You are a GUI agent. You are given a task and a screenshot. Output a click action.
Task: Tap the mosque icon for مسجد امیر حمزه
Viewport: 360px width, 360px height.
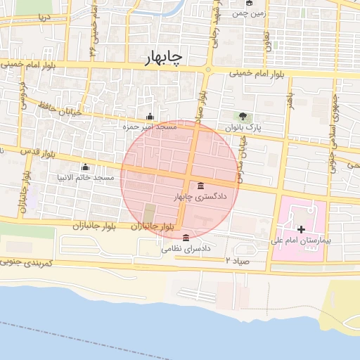coord(149,116)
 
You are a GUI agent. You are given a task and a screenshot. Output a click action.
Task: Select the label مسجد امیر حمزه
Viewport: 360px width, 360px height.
coord(149,127)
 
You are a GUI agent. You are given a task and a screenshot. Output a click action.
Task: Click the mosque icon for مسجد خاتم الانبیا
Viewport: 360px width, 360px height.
coord(85,167)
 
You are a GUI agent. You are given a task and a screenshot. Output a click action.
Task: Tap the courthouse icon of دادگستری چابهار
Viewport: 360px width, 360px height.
coord(202,186)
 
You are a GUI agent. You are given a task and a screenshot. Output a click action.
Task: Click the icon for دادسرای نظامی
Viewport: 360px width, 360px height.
coord(185,237)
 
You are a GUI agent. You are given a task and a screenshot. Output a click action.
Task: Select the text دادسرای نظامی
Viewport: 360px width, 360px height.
coord(186,248)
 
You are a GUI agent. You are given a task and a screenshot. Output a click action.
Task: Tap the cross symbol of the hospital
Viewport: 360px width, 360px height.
coord(302,229)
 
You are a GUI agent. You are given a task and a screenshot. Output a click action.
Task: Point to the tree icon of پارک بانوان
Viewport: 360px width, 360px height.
coord(243,116)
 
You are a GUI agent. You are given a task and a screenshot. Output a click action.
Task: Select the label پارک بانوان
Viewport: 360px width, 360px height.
coord(243,127)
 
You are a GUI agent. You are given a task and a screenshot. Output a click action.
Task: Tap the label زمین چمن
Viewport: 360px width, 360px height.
coord(250,13)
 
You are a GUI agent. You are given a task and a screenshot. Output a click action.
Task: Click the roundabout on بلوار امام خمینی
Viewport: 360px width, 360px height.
coord(208,70)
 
